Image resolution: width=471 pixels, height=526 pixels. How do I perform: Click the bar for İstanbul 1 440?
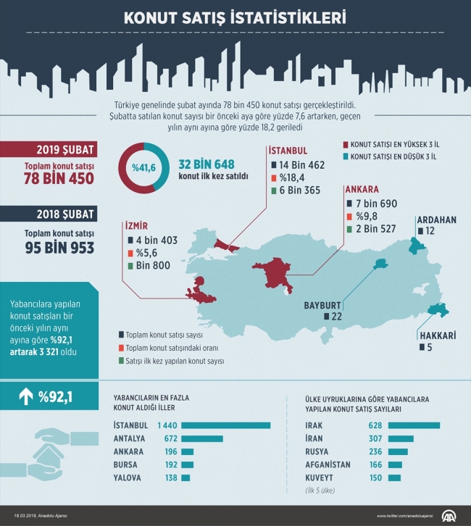click(x=226, y=425)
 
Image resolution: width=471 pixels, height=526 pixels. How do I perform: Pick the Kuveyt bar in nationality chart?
click(x=394, y=478)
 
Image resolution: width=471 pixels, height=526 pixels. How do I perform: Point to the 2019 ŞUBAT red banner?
click(x=58, y=150)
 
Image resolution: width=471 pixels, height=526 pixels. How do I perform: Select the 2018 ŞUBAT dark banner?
click(x=58, y=216)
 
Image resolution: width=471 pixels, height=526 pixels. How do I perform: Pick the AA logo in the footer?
click(x=450, y=515)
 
